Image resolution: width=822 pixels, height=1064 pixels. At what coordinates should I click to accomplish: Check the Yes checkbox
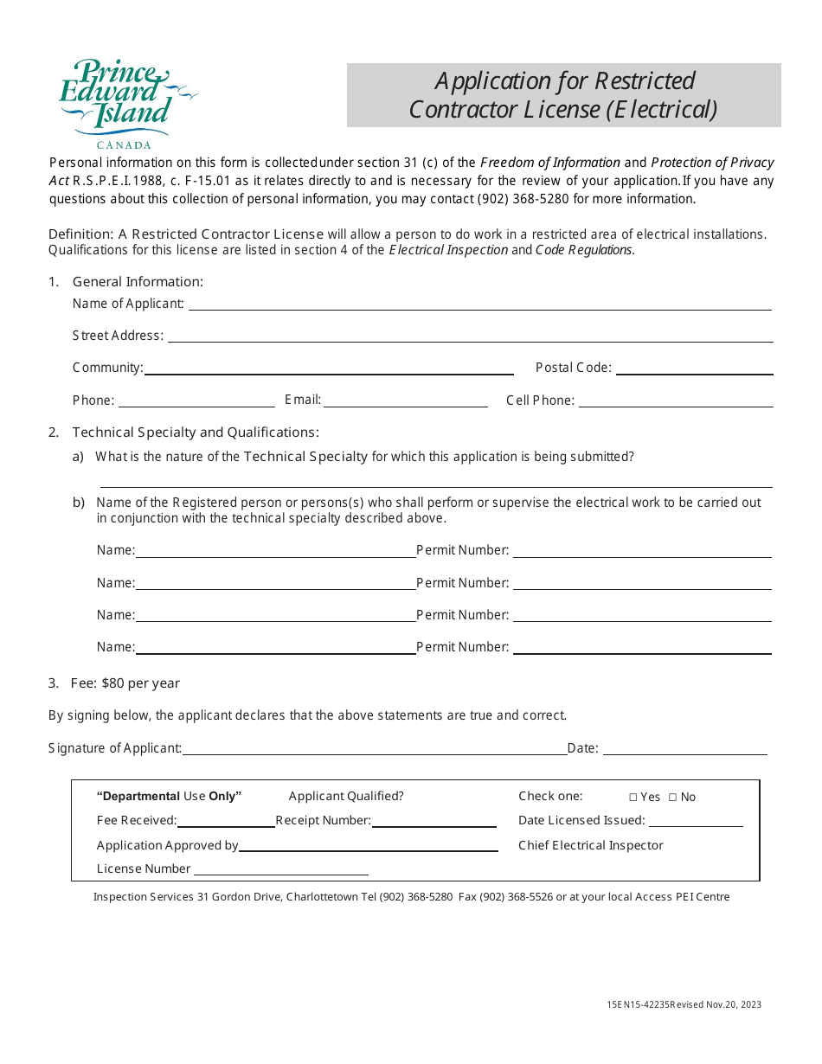(633, 798)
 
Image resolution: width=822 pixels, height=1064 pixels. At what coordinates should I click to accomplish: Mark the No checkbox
(673, 798)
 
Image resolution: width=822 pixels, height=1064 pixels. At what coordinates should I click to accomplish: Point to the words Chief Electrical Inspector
(591, 845)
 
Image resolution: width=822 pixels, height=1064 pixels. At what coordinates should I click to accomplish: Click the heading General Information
(138, 281)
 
